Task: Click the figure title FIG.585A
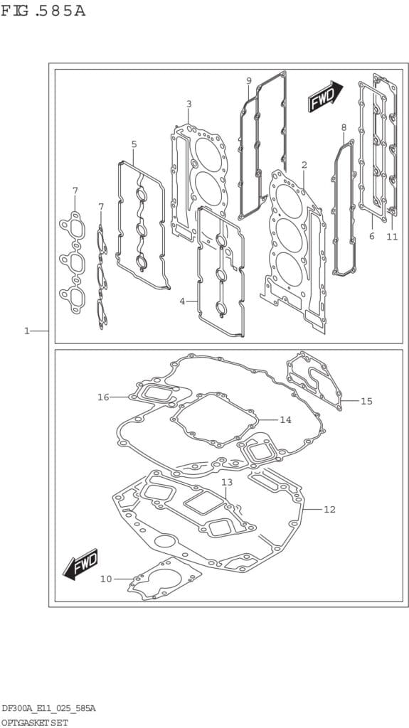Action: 43,11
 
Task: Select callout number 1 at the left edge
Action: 27,331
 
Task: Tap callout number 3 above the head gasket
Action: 188,104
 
